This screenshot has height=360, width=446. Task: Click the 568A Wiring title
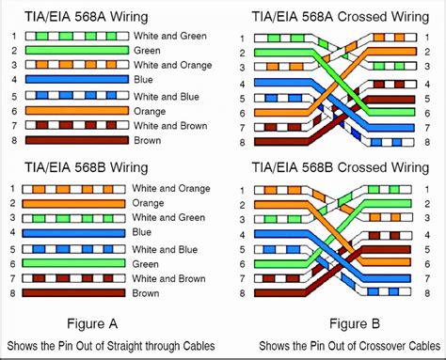click(87, 17)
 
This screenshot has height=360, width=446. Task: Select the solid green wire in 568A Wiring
click(77, 50)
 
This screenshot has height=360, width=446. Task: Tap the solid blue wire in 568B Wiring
click(73, 233)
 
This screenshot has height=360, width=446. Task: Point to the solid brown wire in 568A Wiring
click(77, 140)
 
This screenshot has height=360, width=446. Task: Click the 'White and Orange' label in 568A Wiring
click(173, 65)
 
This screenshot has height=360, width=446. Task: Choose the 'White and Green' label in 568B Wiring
click(168, 217)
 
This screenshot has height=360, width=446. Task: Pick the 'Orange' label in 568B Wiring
click(148, 203)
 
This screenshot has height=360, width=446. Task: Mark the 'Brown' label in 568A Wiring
click(148, 140)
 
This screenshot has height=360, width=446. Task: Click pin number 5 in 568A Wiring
click(14, 96)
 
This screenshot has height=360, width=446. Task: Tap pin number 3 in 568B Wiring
click(12, 217)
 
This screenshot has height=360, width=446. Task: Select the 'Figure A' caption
click(92, 323)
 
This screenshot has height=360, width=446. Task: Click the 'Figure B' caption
click(355, 323)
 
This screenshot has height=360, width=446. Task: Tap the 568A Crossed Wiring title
click(341, 17)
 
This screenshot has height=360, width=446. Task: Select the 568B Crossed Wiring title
click(341, 167)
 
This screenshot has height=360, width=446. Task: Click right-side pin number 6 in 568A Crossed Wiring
click(427, 113)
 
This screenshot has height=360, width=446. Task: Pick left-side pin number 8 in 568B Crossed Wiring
click(242, 293)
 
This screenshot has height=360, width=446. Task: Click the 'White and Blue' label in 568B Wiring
click(165, 249)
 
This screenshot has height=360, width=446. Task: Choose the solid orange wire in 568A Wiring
click(77, 111)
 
